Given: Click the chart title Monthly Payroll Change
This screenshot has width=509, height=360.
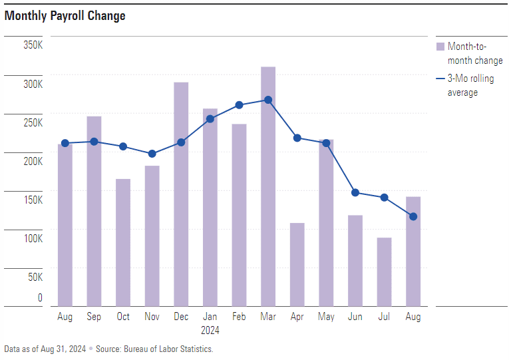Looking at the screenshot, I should pyautogui.click(x=65, y=16).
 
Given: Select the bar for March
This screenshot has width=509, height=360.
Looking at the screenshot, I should pyautogui.click(x=268, y=186).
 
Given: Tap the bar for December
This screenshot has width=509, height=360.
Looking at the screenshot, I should pyautogui.click(x=181, y=194).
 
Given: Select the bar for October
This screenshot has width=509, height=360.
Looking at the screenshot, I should pyautogui.click(x=123, y=242).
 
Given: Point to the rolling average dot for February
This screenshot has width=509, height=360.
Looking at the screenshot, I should pyautogui.click(x=240, y=105).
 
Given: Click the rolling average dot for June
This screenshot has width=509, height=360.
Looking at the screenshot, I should pyautogui.click(x=355, y=193).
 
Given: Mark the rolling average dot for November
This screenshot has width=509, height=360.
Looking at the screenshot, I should pyautogui.click(x=152, y=154).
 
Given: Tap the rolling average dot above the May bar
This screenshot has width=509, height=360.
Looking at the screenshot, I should pyautogui.click(x=326, y=143).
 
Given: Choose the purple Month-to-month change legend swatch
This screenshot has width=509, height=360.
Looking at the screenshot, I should pyautogui.click(x=440, y=47).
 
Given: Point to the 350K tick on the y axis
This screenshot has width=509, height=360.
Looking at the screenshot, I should pyautogui.click(x=33, y=45).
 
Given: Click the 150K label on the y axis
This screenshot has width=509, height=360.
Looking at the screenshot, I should pyautogui.click(x=33, y=200).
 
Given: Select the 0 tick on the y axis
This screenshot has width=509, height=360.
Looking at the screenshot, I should pyautogui.click(x=40, y=298).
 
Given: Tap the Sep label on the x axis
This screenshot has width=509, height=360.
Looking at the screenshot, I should pyautogui.click(x=94, y=317).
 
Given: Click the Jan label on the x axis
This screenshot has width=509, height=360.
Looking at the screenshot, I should pyautogui.click(x=210, y=317).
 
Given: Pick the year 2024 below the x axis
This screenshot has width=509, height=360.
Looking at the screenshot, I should pyautogui.click(x=210, y=330).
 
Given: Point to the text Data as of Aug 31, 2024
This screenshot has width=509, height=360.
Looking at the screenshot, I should pyautogui.click(x=45, y=349).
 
